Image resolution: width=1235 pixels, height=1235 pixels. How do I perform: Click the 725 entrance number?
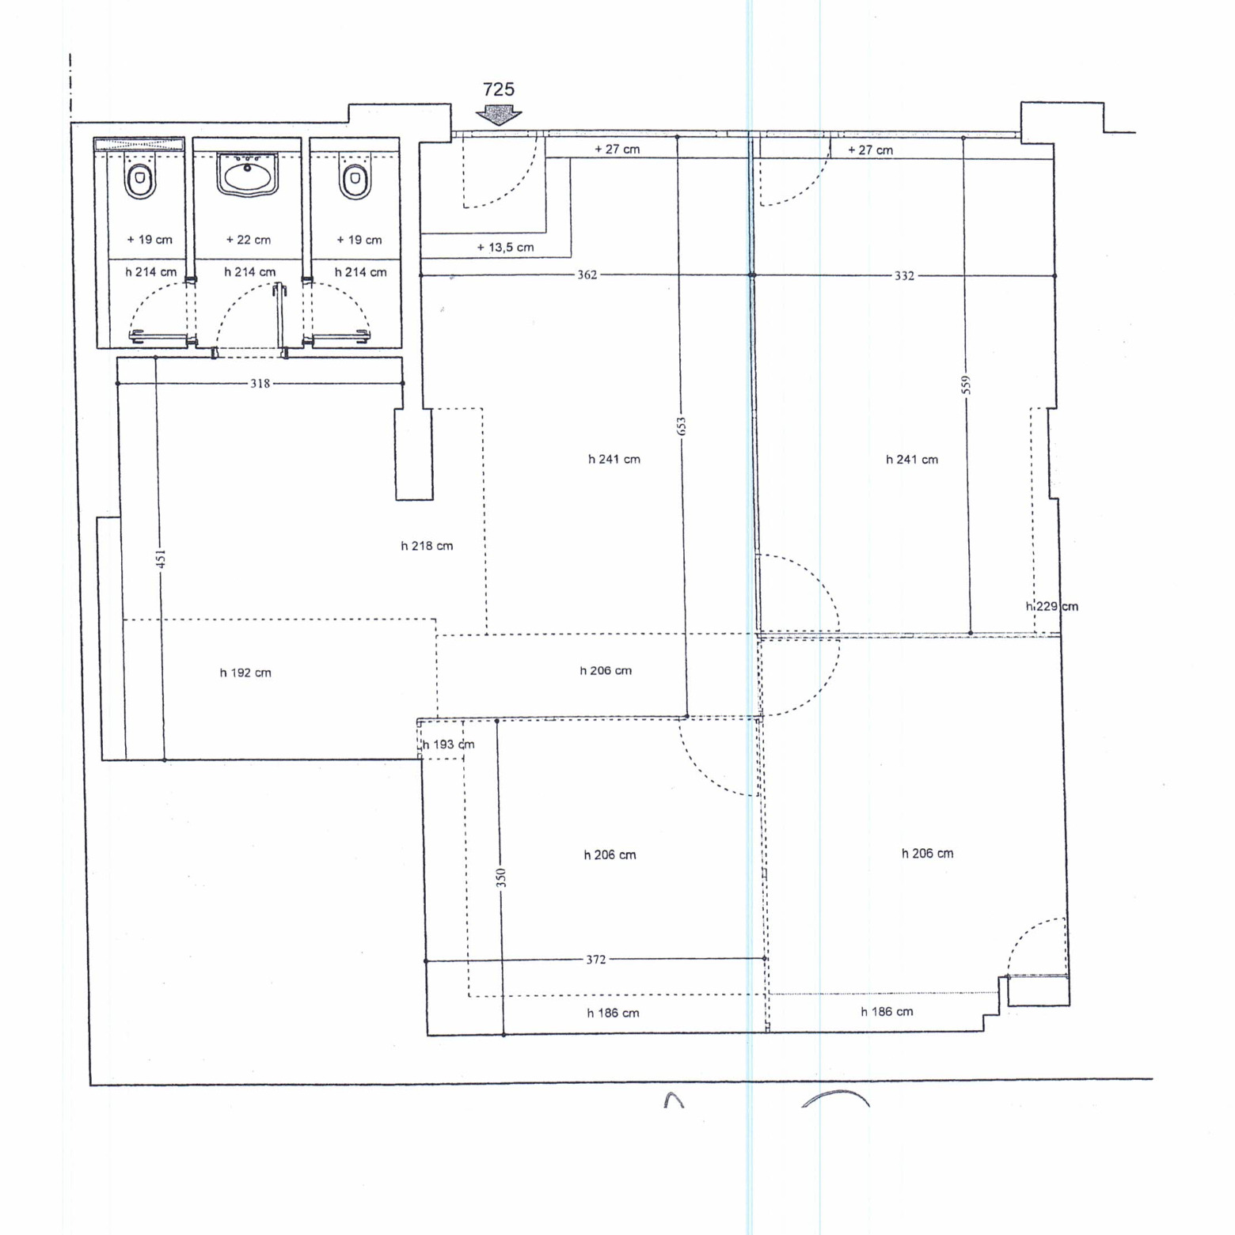point(499,89)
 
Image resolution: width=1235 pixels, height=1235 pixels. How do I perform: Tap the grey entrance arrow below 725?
point(499,116)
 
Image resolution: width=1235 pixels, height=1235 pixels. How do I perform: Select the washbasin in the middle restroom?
point(247,174)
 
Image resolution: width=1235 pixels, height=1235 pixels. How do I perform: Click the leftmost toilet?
point(140,178)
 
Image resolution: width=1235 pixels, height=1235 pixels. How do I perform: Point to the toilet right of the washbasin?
point(355,178)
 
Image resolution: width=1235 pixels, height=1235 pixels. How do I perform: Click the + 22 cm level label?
point(248,240)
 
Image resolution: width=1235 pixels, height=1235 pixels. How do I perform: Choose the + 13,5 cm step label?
point(505,248)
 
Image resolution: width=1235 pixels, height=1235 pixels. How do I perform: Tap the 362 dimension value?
point(587,275)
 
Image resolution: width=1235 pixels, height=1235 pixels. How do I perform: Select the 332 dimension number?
point(904,275)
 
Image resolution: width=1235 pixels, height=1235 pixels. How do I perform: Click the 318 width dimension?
point(260,384)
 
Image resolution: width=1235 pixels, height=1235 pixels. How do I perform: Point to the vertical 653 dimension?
point(682,426)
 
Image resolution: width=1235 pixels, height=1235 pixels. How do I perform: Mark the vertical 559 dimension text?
point(966,385)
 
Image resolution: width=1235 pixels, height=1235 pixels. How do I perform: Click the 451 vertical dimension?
point(161,559)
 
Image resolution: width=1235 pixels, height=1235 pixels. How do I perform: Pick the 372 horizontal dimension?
point(595,960)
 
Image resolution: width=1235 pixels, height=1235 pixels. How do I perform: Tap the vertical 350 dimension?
point(500,877)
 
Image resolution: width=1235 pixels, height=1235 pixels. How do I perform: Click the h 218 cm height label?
point(427,546)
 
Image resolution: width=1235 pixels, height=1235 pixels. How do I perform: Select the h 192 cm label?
point(245,673)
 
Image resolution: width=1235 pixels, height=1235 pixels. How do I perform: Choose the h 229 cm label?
point(1052,607)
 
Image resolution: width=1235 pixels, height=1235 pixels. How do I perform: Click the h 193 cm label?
point(448,744)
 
